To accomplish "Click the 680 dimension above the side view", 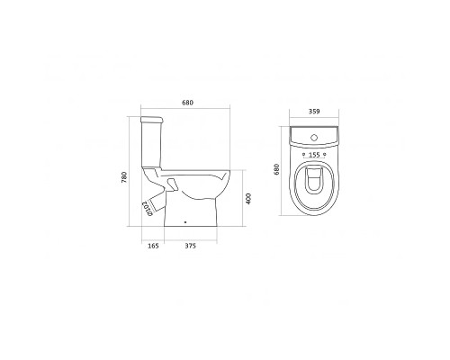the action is point(187,103).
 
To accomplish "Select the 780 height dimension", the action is point(124,177).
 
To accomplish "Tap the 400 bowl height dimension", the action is point(248,199).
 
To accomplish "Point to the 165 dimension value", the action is point(153,246).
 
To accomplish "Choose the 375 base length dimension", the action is point(190,246).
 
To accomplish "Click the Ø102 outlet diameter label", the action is point(148,208).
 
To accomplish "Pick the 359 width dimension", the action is point(314,112).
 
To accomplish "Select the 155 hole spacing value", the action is point(314,155).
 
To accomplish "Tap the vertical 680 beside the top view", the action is point(276,170).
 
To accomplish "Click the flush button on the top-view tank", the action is point(314,138).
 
